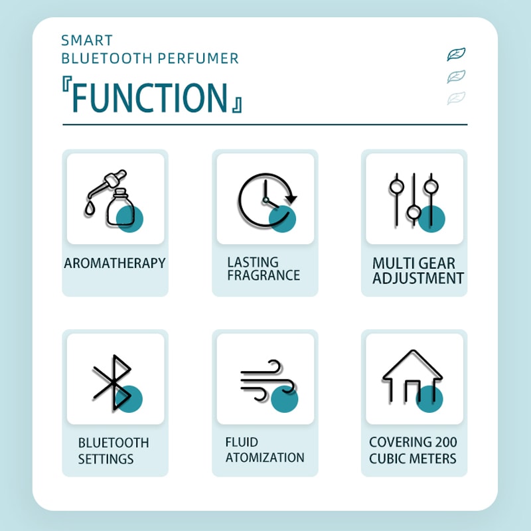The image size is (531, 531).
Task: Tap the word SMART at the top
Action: point(87,40)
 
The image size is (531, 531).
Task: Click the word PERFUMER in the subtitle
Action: point(198,58)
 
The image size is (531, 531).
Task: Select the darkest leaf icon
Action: point(456,54)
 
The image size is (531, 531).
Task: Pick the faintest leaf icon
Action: point(456,98)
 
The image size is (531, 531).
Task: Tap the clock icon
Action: point(267,200)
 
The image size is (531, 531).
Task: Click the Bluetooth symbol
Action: point(112,383)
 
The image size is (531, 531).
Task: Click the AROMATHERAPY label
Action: point(115,263)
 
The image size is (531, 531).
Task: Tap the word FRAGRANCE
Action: point(264,275)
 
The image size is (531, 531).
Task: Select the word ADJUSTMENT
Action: point(418,278)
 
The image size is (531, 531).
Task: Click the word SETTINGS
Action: point(106,459)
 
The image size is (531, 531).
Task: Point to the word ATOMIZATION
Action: point(265,457)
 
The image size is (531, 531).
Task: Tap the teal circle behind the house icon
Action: point(429,399)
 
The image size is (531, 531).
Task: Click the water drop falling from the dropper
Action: point(89,208)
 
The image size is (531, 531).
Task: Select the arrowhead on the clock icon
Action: point(291,198)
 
